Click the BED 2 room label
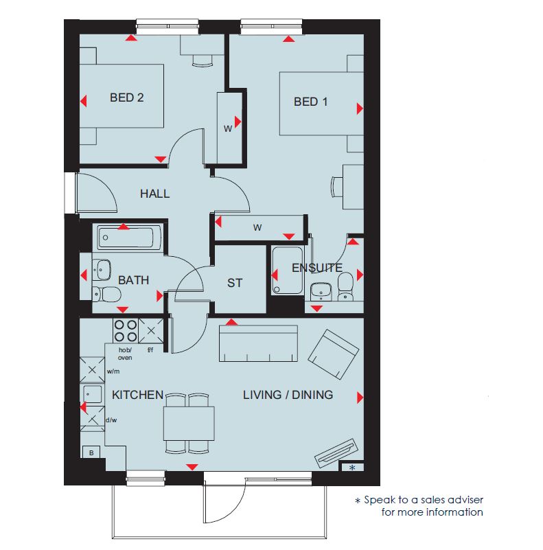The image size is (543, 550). [x=126, y=98]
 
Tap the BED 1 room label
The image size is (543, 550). [x=310, y=102]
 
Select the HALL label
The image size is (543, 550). [x=154, y=194]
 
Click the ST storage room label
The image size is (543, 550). [x=235, y=283]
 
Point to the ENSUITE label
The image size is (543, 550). [x=317, y=268]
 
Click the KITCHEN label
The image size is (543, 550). [x=137, y=395]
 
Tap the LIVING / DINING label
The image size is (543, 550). [x=288, y=395]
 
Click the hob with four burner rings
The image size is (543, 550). [x=126, y=330]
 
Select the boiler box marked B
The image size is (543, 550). [x=91, y=452]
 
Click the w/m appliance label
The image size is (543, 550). [x=113, y=371]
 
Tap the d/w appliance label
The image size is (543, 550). [x=111, y=420]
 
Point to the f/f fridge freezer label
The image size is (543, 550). [x=150, y=350]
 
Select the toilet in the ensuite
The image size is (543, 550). [x=345, y=286]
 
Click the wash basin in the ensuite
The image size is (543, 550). [x=321, y=292]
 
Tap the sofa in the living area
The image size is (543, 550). [x=259, y=343]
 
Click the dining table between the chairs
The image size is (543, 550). [x=189, y=424]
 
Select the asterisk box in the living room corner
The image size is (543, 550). [x=352, y=467]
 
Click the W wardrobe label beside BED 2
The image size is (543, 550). [x=228, y=128]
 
